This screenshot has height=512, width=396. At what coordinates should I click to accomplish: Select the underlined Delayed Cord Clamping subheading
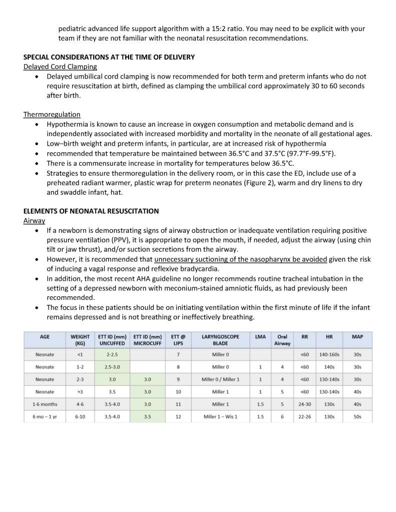click(60, 67)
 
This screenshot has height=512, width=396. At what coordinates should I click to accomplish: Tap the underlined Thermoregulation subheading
click(52, 114)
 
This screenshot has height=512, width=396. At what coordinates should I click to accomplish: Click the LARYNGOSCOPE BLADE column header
click(220, 340)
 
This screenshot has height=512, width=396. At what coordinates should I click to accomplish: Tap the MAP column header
click(357, 337)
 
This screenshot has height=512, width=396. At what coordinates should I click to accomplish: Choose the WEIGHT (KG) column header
click(80, 340)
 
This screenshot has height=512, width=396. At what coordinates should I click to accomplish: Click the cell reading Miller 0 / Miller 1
click(220, 379)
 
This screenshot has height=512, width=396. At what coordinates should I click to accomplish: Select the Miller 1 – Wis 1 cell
click(220, 416)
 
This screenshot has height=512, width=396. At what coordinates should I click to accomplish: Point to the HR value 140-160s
click(329, 355)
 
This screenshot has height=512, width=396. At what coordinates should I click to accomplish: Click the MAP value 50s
click(357, 416)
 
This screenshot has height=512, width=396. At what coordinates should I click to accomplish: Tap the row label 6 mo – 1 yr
click(45, 416)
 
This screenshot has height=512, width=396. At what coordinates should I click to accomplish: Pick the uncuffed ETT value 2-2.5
click(112, 355)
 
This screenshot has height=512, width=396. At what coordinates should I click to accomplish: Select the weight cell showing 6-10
click(80, 416)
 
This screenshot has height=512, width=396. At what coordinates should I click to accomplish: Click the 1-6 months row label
click(45, 404)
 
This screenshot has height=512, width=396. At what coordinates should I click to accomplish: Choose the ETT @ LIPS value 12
click(178, 416)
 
